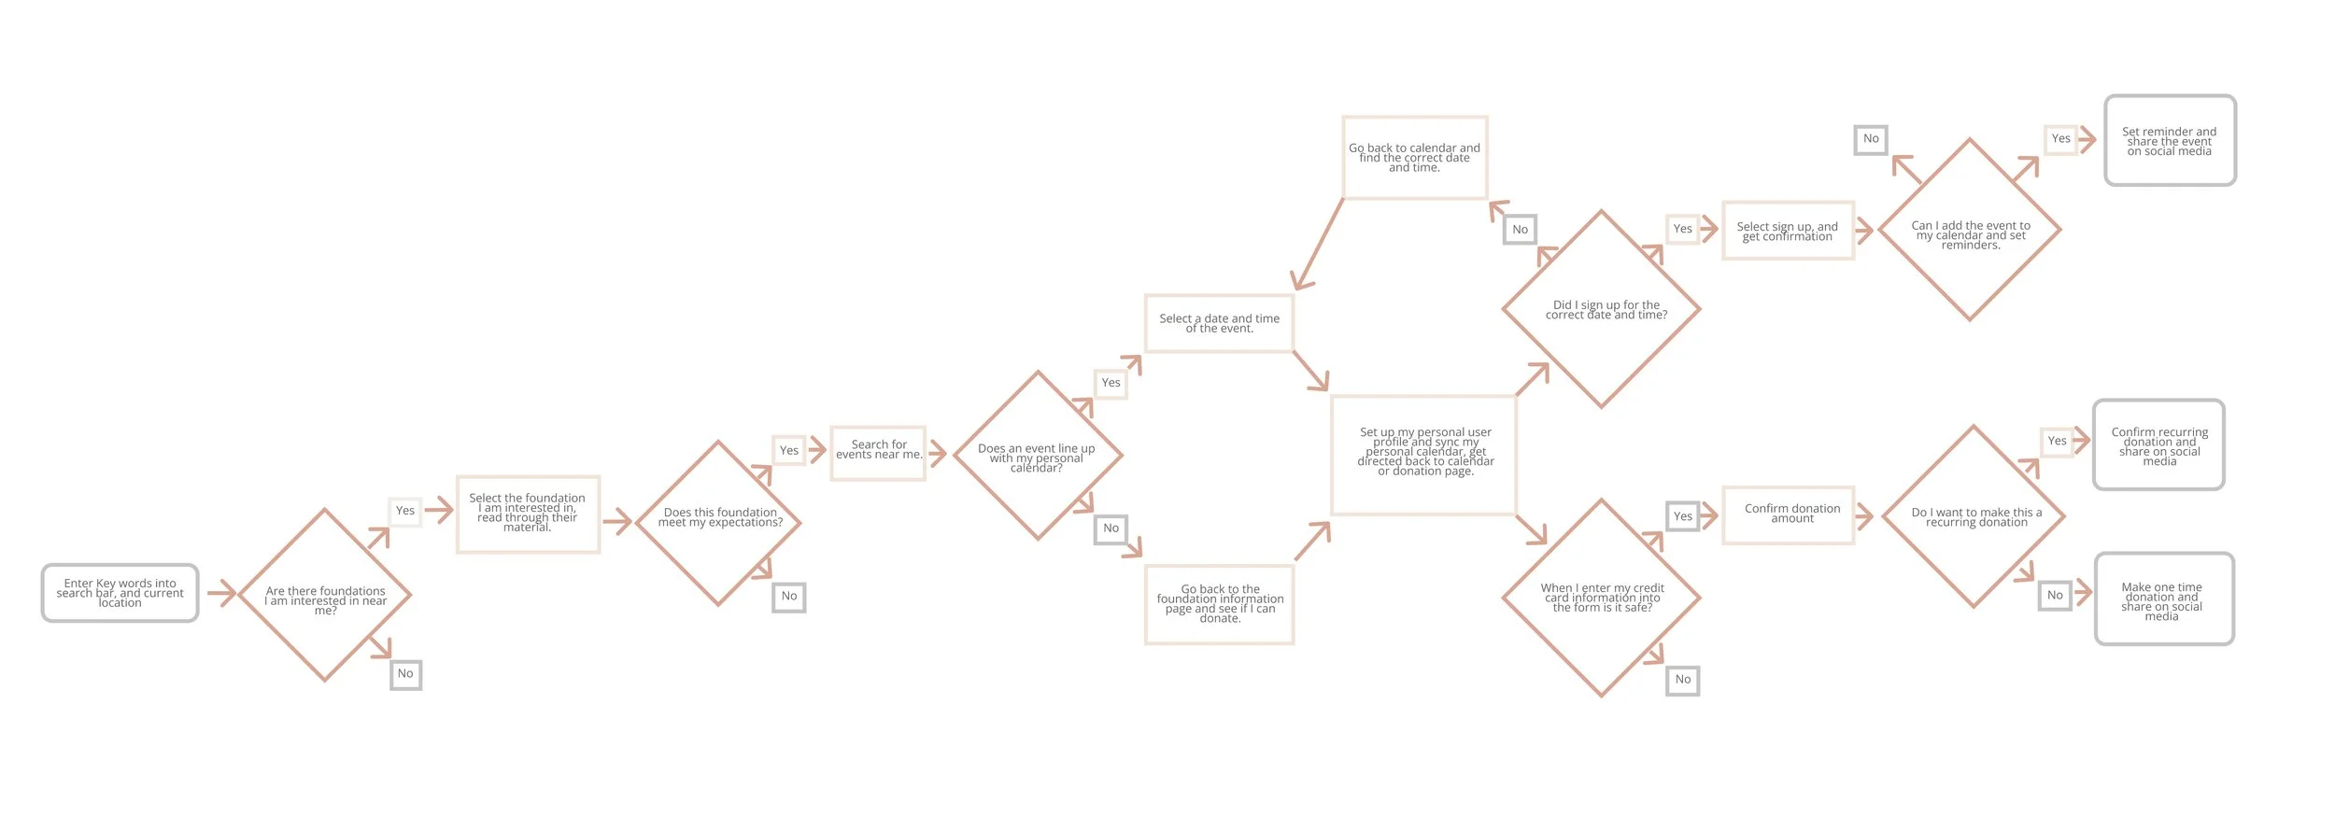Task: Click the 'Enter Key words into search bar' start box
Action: (x=120, y=593)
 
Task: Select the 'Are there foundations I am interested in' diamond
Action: (x=325, y=595)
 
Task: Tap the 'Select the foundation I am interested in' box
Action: (x=528, y=514)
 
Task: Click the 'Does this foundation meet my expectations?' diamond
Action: (x=718, y=523)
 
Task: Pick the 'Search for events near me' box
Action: (x=878, y=453)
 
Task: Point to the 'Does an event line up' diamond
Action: (x=1037, y=456)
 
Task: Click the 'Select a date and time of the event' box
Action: (x=1219, y=323)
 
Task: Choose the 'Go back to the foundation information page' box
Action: (x=1219, y=604)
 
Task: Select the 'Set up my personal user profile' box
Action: (x=1423, y=455)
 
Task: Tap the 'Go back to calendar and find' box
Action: (x=1414, y=157)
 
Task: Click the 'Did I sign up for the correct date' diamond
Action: (x=1601, y=309)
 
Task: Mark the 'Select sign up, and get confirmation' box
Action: (x=1788, y=230)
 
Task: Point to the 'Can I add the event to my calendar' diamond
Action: (x=1970, y=230)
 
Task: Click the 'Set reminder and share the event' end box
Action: (x=2170, y=140)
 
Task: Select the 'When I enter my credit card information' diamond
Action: (x=1601, y=598)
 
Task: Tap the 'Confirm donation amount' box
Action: (x=1788, y=514)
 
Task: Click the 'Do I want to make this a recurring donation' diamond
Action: (x=1974, y=516)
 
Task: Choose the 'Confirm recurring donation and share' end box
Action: (x=2158, y=445)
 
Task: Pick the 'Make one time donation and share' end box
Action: (x=2164, y=599)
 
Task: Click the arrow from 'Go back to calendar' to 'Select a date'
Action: (x=1319, y=244)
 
